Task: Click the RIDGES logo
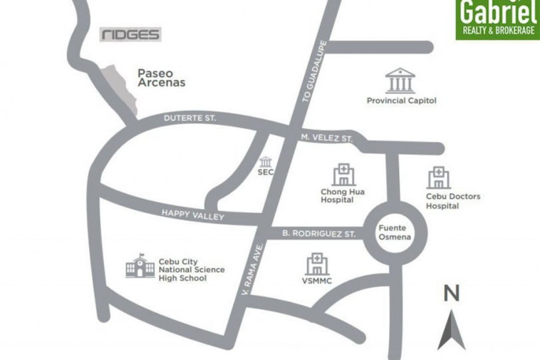pos(131,34)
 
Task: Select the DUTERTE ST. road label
pos(190,119)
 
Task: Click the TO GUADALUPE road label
pos(315,71)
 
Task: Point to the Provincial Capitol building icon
pos(400,81)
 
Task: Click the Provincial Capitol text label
pos(401,101)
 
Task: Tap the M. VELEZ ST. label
pos(327,138)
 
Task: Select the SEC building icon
pos(266,162)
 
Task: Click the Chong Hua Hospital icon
pos(343,174)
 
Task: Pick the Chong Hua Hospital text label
pos(343,196)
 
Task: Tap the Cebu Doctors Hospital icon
pos(439,178)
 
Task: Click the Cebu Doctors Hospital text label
pos(453,201)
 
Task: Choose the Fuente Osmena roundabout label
pos(392,233)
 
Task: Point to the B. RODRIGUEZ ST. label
pos(318,234)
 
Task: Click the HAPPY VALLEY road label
pos(192,215)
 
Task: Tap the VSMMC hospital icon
pos(317,264)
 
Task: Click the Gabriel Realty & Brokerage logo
pos(497,19)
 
